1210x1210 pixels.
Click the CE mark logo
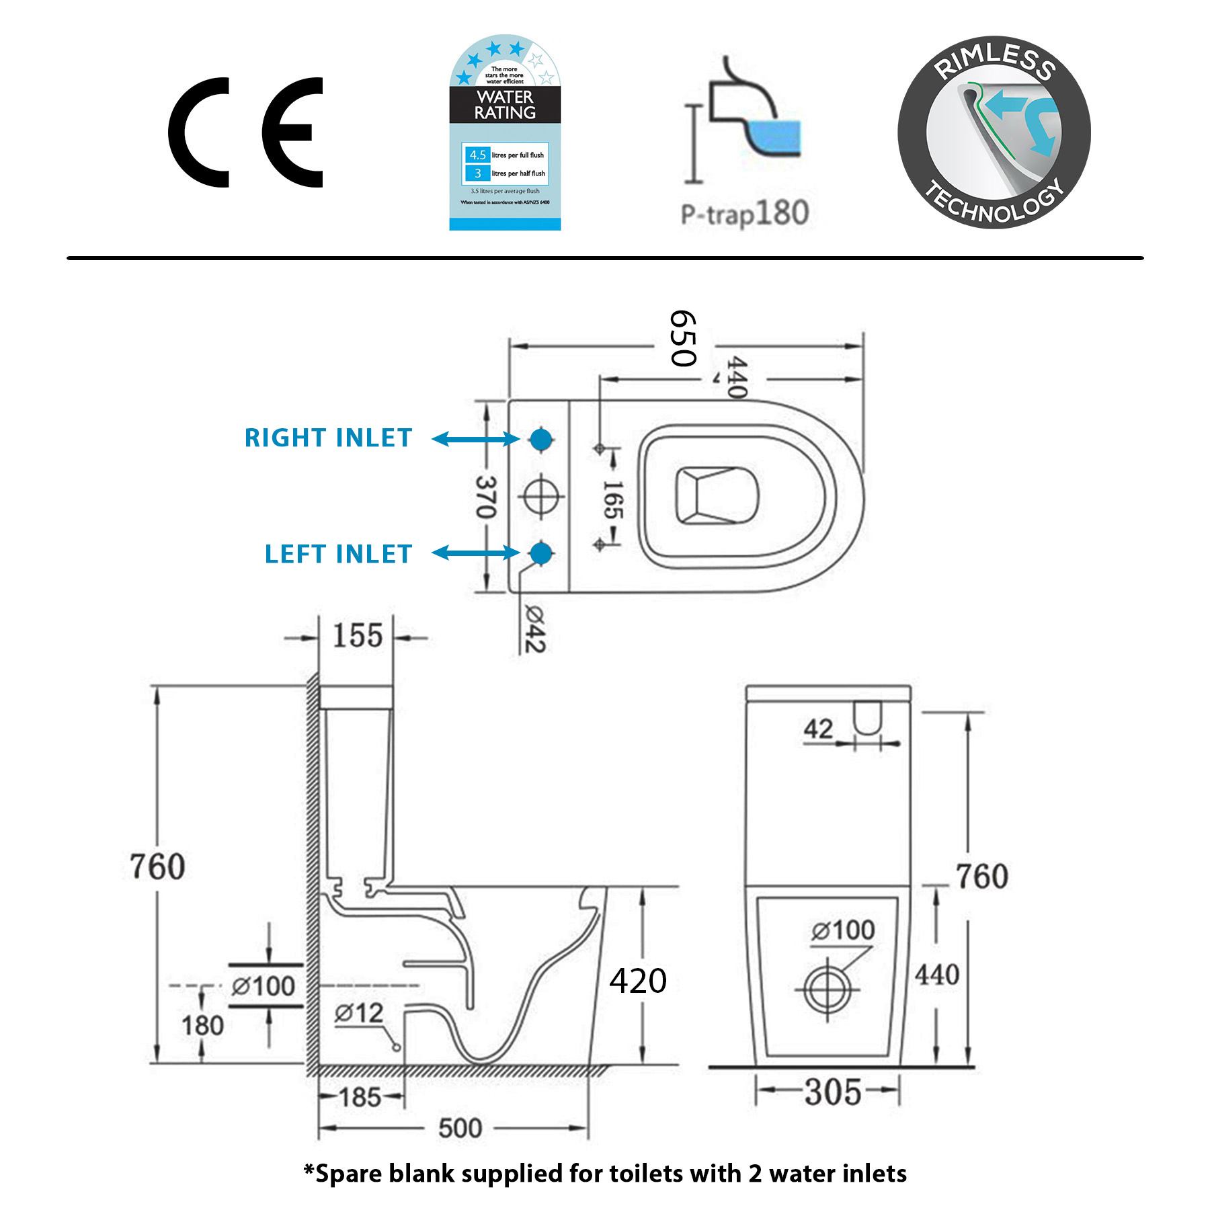click(245, 132)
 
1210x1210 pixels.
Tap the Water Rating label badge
click(505, 132)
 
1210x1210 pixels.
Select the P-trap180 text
click(744, 213)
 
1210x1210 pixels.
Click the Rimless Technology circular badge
click(994, 132)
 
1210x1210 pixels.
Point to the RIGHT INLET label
click(328, 438)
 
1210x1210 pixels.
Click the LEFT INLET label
click(338, 554)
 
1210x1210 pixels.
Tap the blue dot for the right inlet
click(541, 439)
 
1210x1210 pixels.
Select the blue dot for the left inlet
click(541, 553)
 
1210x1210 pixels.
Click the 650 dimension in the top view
click(683, 339)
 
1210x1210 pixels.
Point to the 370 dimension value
click(486, 497)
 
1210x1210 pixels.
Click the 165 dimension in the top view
click(612, 499)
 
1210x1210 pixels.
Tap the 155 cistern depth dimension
click(358, 636)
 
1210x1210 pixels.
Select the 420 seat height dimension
click(638, 981)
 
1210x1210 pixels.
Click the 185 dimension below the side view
click(360, 1098)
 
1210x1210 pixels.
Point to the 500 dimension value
click(460, 1129)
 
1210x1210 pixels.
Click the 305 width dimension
click(833, 1092)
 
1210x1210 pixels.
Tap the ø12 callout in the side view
click(359, 1014)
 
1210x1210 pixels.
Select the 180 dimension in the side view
click(202, 1026)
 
